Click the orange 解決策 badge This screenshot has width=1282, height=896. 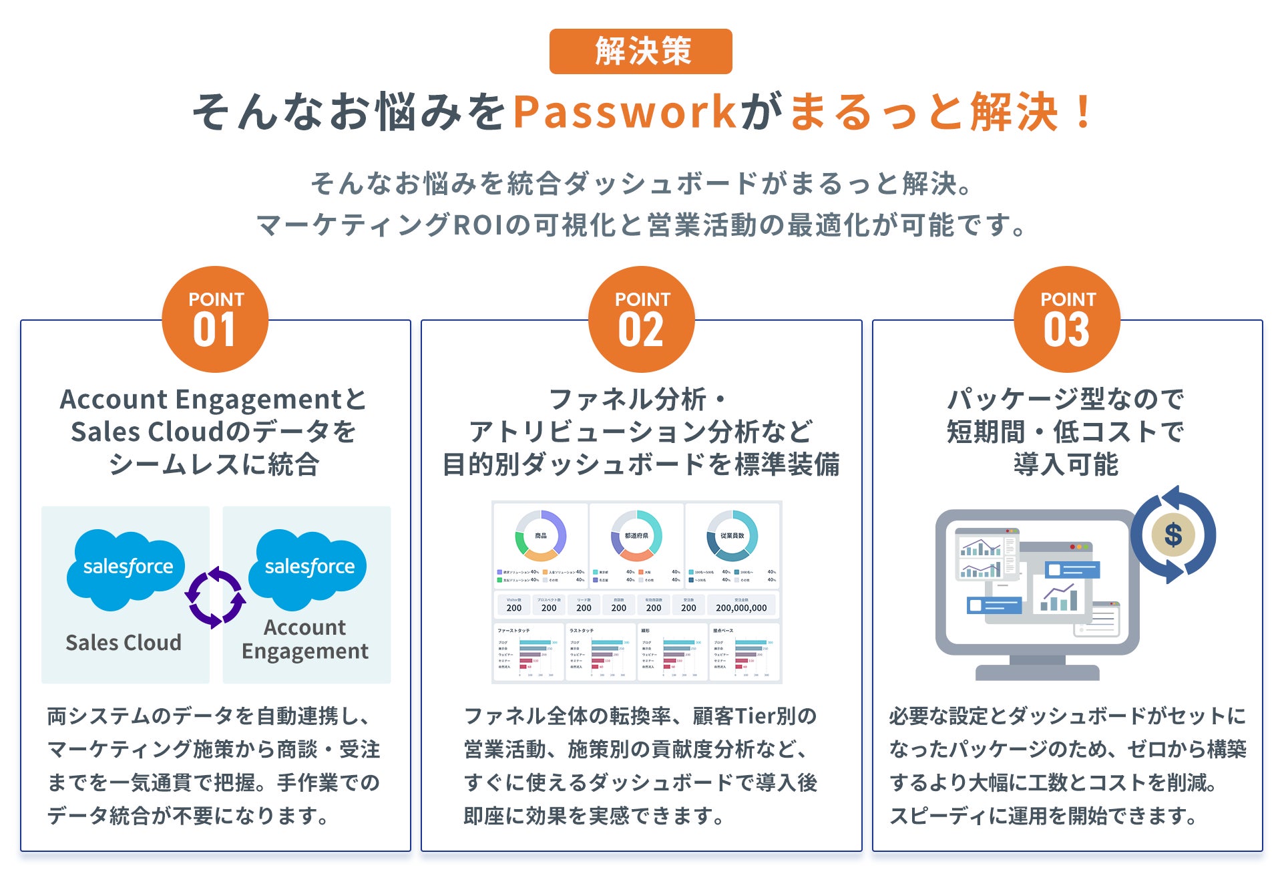[640, 51]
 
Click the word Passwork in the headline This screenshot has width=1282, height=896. [625, 112]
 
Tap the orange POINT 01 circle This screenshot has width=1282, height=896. [215, 319]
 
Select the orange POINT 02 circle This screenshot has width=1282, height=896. [641, 319]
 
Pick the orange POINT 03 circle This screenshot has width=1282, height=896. [1066, 319]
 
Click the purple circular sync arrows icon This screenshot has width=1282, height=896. [215, 597]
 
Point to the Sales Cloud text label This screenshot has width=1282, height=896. [124, 642]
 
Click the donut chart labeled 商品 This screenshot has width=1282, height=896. [541, 535]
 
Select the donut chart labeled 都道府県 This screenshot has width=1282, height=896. [636, 535]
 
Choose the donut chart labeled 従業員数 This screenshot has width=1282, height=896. [732, 535]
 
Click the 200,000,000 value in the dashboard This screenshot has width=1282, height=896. [741, 608]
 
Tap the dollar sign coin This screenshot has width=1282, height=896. [1172, 535]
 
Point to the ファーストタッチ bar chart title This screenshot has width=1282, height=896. [513, 630]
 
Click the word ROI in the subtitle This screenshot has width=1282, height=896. [478, 225]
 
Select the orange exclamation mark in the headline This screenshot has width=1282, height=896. [1082, 112]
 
